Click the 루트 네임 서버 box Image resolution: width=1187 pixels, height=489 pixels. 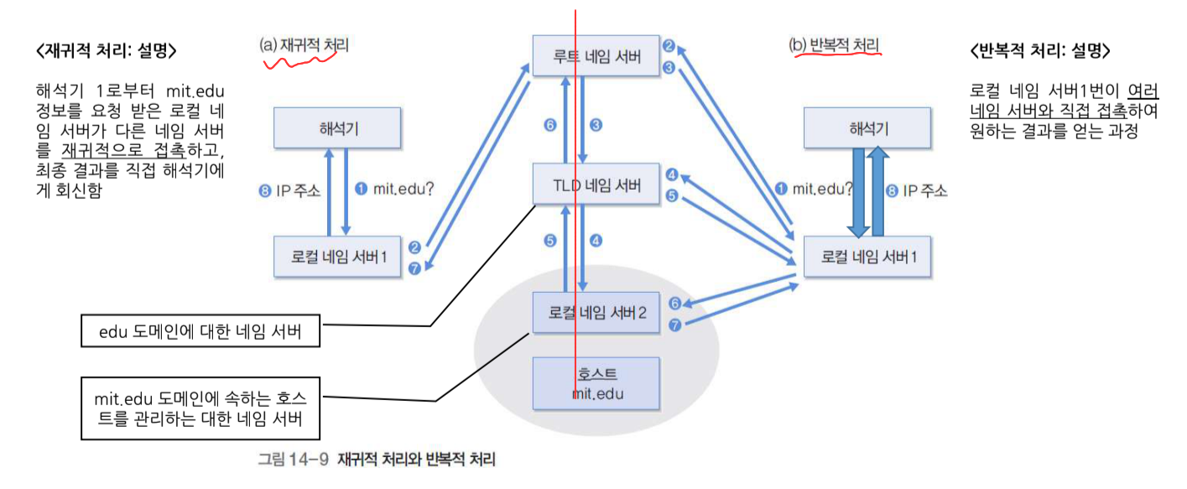(x=596, y=56)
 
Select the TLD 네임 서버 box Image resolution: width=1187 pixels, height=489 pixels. (x=596, y=185)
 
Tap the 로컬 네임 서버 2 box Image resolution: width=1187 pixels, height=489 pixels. (x=596, y=312)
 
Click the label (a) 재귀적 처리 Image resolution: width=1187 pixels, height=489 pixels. (x=304, y=46)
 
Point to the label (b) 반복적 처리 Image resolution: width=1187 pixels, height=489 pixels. (x=834, y=45)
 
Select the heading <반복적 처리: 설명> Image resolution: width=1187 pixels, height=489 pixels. (x=1039, y=50)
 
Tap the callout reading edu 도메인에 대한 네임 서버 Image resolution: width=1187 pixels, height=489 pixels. (x=202, y=333)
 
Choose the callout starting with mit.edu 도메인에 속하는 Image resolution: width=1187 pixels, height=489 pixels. (x=202, y=408)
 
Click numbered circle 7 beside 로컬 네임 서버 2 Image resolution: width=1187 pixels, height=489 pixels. (x=674, y=324)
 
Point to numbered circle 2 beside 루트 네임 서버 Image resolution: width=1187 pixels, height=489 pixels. (x=669, y=46)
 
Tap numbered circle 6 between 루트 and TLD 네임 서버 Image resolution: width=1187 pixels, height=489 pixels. (x=550, y=125)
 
